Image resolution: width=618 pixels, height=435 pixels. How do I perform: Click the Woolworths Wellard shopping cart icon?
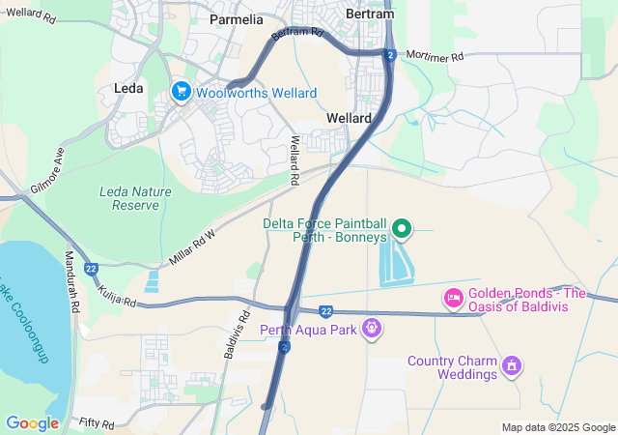tap(181, 92)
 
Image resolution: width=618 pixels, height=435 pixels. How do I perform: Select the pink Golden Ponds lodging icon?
tap(452, 298)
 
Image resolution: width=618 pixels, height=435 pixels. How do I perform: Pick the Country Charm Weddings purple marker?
tap(512, 366)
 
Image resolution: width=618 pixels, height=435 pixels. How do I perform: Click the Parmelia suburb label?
tap(236, 18)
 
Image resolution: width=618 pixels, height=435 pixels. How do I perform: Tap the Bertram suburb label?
tap(371, 14)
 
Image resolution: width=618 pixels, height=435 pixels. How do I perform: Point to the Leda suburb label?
tap(128, 88)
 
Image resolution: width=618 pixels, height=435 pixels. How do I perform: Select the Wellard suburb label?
tap(350, 117)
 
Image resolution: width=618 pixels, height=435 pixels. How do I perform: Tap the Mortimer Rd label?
tap(435, 56)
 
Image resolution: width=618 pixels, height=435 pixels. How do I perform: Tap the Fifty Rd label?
tap(97, 424)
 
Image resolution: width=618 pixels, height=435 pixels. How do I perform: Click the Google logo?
tap(32, 423)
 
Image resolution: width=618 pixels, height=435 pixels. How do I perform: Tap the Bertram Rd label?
tap(297, 33)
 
